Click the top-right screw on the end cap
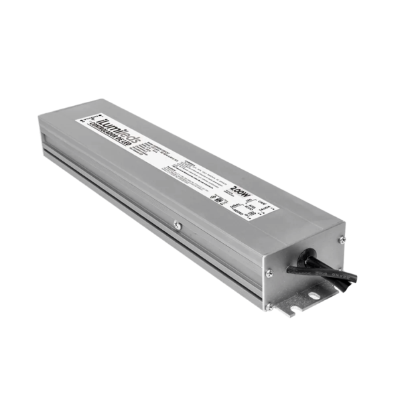(x=342, y=239)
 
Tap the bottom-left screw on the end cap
(x=269, y=308)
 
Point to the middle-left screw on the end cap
(x=269, y=272)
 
